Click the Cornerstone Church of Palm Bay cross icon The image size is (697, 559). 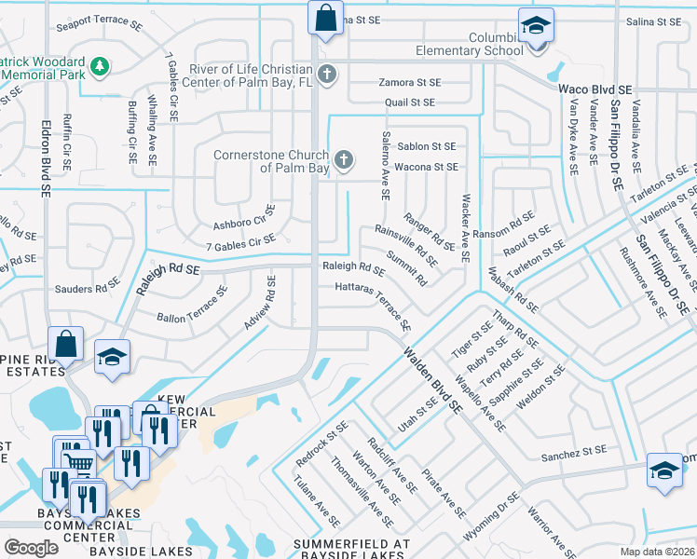pos(344,160)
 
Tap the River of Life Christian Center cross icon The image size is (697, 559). pos(326,73)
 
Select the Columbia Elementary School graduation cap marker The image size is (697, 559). pos(536,26)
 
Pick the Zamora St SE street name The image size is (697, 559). pos(409,83)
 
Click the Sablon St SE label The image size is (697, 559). pos(426,146)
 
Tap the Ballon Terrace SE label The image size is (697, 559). pos(192,305)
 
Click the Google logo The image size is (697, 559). pos(31,548)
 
